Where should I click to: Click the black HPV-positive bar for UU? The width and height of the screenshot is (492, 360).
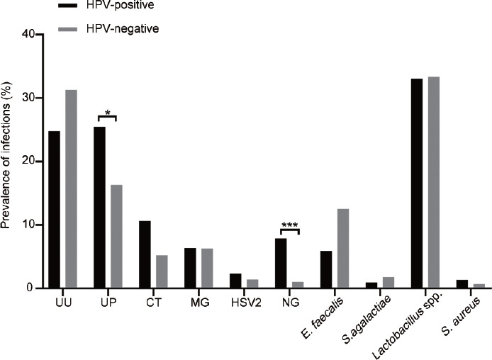(55, 210)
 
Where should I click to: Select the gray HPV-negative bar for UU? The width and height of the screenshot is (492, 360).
(71, 189)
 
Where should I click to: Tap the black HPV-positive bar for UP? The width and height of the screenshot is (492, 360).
(99, 207)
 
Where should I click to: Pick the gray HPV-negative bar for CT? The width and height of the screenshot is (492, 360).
(162, 271)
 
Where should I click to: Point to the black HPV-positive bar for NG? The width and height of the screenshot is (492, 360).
(281, 263)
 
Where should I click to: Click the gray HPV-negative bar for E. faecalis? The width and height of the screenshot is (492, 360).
(343, 248)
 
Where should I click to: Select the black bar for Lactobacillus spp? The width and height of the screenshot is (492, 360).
(417, 183)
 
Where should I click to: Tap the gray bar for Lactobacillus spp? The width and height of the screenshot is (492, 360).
(434, 182)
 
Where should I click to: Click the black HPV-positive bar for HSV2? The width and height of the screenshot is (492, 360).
(235, 281)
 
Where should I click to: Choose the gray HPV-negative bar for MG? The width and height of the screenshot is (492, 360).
(207, 268)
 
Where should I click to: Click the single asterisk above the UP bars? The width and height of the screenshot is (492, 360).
(108, 113)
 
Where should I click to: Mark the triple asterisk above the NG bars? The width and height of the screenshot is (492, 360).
(290, 225)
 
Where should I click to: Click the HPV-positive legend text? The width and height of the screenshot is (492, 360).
(121, 5)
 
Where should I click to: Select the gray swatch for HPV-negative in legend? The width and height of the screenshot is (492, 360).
(68, 29)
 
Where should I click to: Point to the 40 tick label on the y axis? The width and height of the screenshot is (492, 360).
(28, 34)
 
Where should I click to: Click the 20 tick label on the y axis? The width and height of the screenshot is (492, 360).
(28, 162)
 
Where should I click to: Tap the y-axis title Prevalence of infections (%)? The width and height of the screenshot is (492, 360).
(6, 155)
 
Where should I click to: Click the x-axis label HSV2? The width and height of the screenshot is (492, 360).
(246, 303)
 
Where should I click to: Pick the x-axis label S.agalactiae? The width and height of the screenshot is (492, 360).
(368, 320)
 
